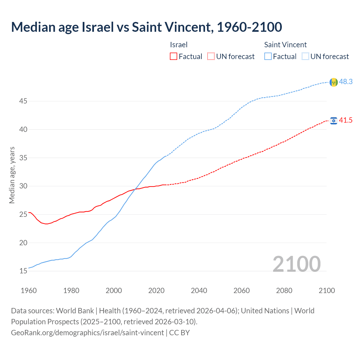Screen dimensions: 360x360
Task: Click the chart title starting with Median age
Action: [146, 27]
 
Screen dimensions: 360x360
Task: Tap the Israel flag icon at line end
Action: [334, 121]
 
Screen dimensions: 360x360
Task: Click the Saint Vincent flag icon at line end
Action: [334, 82]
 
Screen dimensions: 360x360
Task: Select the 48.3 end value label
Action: [346, 82]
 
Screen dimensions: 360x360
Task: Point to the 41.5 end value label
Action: [346, 120]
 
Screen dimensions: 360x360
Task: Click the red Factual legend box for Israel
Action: [174, 57]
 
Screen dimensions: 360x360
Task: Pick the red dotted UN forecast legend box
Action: [211, 57]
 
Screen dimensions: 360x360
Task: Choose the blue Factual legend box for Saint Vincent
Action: [268, 57]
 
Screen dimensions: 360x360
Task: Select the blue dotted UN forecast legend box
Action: [305, 57]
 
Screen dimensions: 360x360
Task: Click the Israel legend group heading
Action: [179, 45]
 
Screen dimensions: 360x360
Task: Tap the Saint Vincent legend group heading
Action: [285, 45]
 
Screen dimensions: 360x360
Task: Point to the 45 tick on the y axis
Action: [23, 101]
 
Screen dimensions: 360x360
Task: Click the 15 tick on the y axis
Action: [23, 271]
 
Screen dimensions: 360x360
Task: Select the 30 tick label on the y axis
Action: [23, 186]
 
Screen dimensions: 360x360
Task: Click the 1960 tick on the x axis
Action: [29, 291]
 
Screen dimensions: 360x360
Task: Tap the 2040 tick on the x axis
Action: [199, 291]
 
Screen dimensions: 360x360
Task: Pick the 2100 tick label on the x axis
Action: [327, 291]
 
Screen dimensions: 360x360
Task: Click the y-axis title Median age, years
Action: [12, 175]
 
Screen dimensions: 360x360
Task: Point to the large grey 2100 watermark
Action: [296, 264]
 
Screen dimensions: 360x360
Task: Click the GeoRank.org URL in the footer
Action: [87, 333]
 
